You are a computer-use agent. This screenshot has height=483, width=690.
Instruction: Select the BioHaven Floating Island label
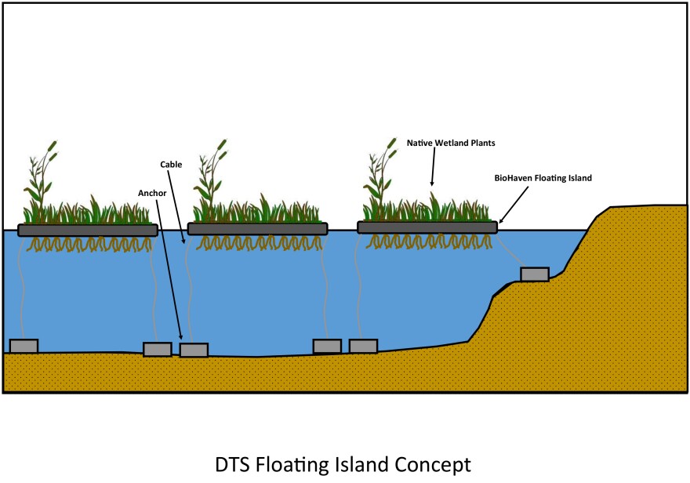[542, 178]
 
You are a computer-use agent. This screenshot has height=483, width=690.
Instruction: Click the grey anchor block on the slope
[534, 274]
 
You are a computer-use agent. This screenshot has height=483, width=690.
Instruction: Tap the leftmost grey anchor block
[24, 346]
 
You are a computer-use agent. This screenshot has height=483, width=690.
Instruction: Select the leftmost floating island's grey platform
[87, 230]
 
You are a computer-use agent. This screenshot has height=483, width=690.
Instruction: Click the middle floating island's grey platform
[257, 228]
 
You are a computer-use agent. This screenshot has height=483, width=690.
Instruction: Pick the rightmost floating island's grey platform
[427, 227]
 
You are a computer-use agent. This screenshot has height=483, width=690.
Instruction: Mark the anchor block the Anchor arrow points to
[193, 350]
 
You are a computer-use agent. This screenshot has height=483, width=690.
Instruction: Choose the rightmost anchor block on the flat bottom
[363, 346]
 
